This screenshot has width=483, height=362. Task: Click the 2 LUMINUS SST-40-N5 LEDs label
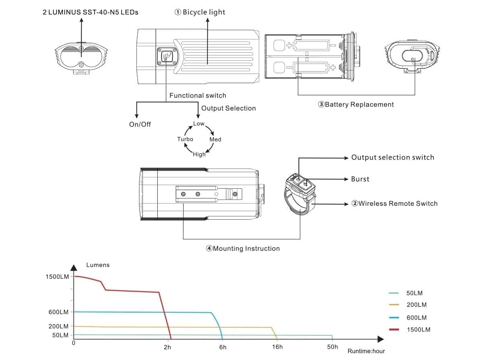click(x=90, y=12)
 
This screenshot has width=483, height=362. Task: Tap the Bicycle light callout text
click(x=200, y=12)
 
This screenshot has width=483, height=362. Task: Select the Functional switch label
click(x=198, y=95)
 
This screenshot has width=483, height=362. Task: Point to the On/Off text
click(x=140, y=124)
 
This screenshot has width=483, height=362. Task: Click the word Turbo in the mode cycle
click(x=185, y=139)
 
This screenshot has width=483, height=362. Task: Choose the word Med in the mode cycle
click(x=215, y=140)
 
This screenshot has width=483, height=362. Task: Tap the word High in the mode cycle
click(x=199, y=154)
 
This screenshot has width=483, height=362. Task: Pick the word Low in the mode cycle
click(x=199, y=124)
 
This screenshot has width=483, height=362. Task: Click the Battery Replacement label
click(x=356, y=105)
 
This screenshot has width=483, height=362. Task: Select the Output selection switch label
click(x=392, y=157)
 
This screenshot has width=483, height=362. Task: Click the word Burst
click(x=360, y=179)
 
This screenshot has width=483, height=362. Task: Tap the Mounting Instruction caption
click(x=243, y=249)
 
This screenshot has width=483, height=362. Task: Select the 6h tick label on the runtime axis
click(x=223, y=347)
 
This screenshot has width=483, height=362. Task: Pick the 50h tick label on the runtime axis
click(x=332, y=347)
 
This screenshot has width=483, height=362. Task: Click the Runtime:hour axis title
click(x=366, y=351)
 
